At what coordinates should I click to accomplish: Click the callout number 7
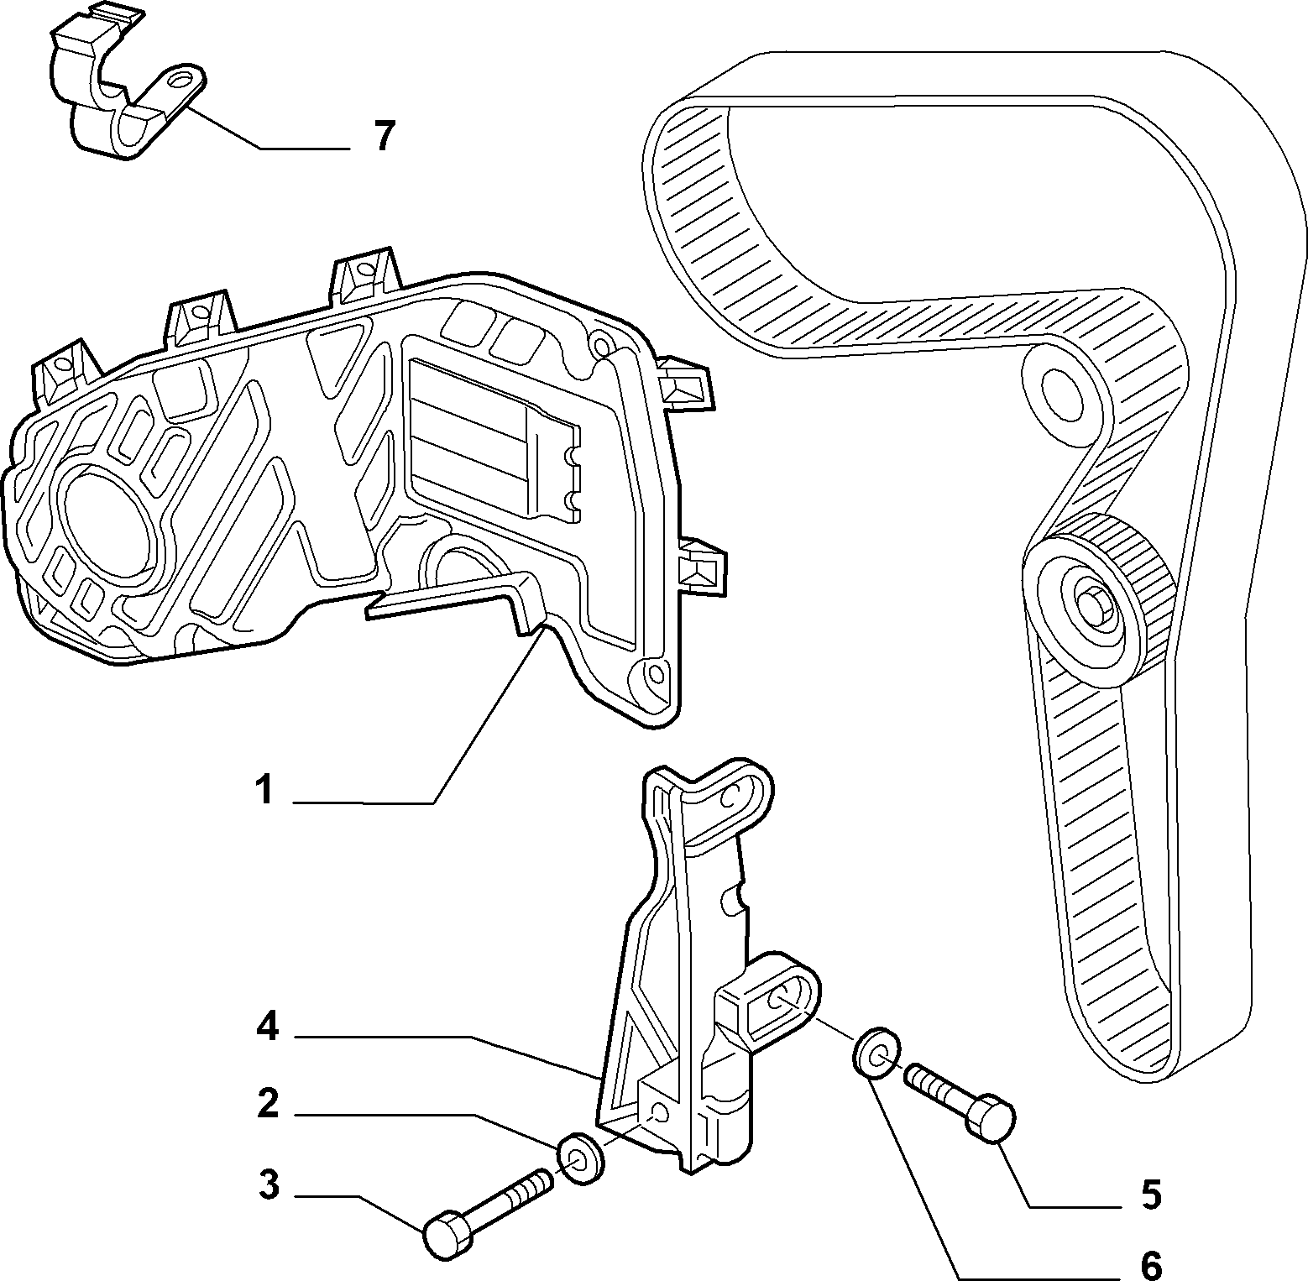coord(384,136)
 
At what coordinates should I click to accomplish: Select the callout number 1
coord(264,790)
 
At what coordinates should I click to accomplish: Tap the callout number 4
coord(267,1027)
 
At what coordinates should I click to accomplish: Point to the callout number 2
coord(267,1104)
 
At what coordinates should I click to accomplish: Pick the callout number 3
coord(267,1186)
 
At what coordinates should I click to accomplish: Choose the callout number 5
coord(1150,1195)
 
